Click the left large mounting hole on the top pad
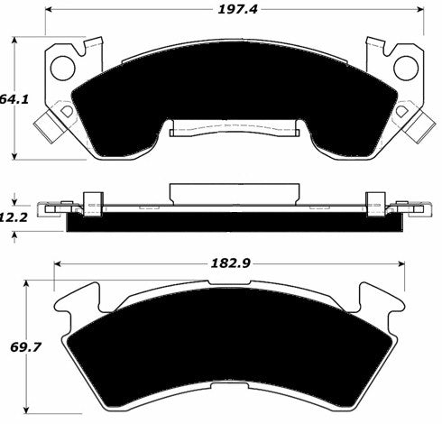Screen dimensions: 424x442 tap(64, 66)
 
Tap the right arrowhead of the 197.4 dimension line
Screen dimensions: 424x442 tap(420, 11)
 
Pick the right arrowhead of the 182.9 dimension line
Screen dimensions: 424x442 tap(403, 263)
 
